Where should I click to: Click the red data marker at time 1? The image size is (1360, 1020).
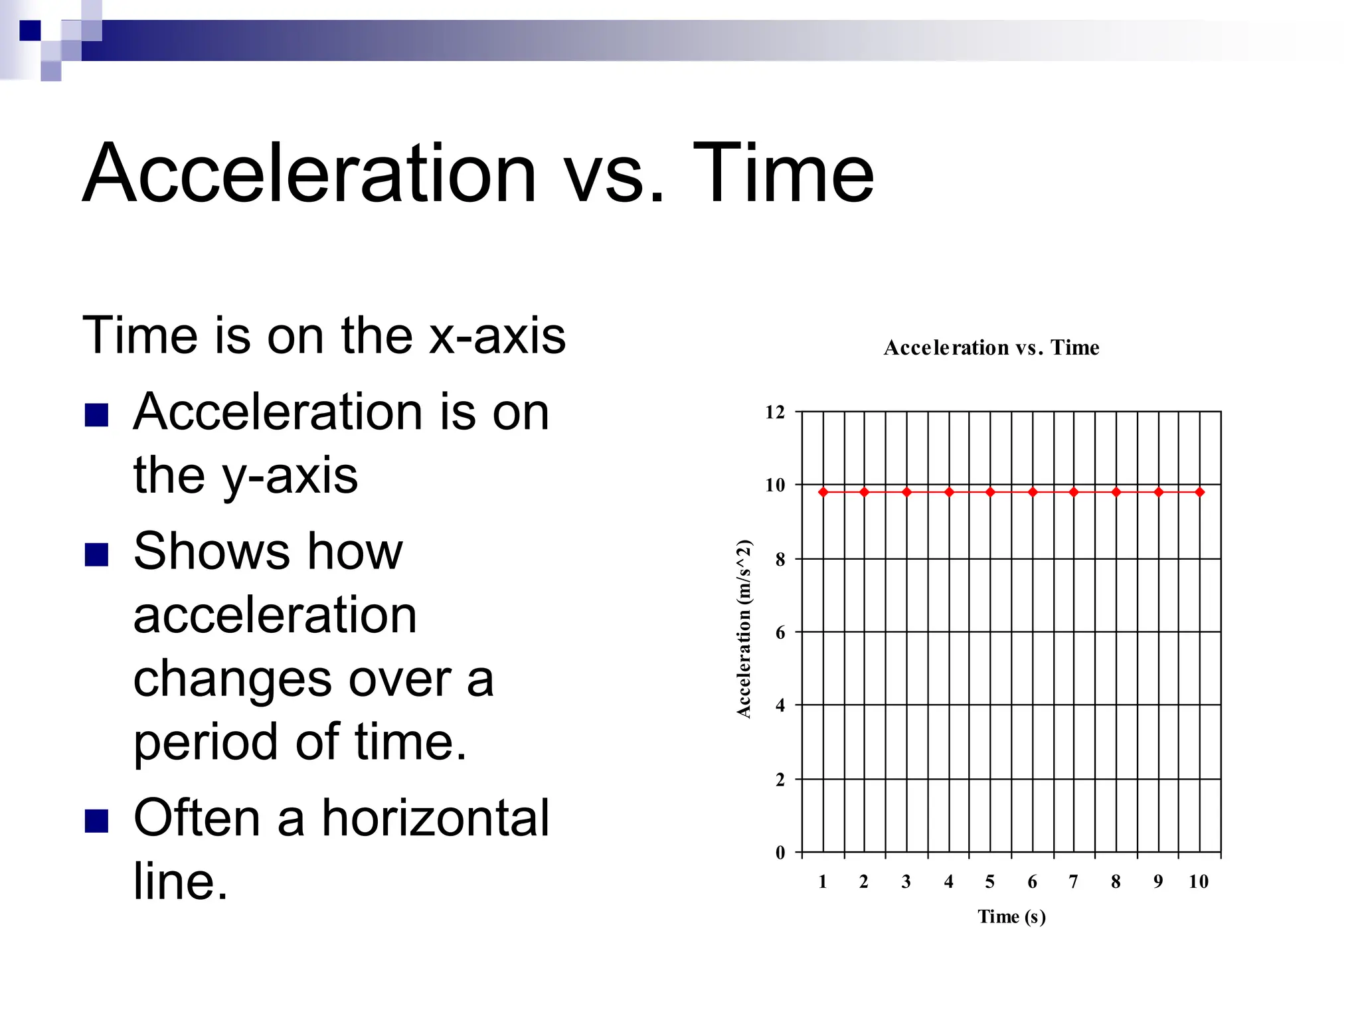(x=823, y=492)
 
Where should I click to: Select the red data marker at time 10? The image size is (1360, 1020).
(x=1199, y=492)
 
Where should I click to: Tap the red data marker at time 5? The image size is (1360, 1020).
(x=990, y=492)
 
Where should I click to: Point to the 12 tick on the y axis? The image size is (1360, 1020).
(x=775, y=412)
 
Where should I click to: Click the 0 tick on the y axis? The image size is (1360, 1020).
(x=780, y=853)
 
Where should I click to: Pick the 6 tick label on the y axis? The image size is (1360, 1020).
(x=780, y=633)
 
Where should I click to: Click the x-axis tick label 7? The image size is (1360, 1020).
(x=1074, y=882)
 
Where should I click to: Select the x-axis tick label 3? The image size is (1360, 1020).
(x=906, y=882)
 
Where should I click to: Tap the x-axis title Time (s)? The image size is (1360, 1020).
(x=1011, y=917)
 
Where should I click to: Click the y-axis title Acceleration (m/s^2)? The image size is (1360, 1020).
(x=744, y=629)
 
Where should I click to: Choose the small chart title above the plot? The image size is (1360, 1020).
(x=991, y=347)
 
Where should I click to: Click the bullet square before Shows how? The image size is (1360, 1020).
(x=97, y=554)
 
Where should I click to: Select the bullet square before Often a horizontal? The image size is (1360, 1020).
(x=97, y=821)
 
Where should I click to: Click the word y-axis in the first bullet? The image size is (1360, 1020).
(x=290, y=476)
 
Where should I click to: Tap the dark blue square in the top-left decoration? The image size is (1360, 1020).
(x=30, y=31)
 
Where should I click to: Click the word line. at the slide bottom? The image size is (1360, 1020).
(x=181, y=882)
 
